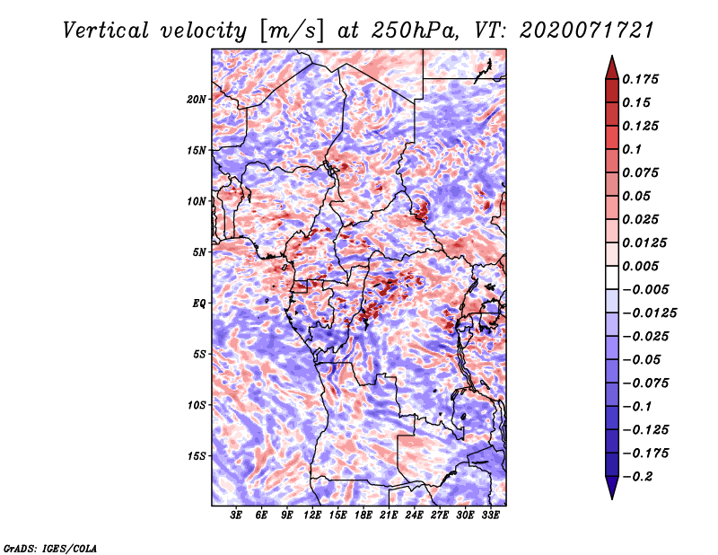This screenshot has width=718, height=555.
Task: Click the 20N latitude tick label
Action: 196,100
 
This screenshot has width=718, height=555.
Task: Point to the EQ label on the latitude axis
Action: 198,304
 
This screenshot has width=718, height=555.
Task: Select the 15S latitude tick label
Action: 197,456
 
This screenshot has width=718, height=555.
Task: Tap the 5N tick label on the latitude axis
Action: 199,252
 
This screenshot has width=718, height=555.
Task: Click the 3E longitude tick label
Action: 236,515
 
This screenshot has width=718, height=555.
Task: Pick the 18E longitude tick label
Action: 363,515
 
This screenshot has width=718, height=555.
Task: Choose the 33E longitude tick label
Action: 490,515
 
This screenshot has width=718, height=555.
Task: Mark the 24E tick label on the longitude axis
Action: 414,515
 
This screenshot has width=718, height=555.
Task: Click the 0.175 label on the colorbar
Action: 640,79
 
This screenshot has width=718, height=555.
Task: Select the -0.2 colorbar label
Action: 636,477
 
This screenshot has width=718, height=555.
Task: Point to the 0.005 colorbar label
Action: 640,266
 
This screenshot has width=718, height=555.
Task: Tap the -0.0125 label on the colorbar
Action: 649,313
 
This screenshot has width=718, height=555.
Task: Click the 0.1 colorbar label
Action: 632,149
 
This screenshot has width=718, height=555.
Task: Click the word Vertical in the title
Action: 106,31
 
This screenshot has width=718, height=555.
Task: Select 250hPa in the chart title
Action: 415,31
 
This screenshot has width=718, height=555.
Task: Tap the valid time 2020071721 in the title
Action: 587,31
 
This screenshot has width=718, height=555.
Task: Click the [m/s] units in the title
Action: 292,31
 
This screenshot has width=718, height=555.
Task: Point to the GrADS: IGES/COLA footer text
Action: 50,548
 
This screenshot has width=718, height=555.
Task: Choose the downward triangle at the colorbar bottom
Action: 612,487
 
